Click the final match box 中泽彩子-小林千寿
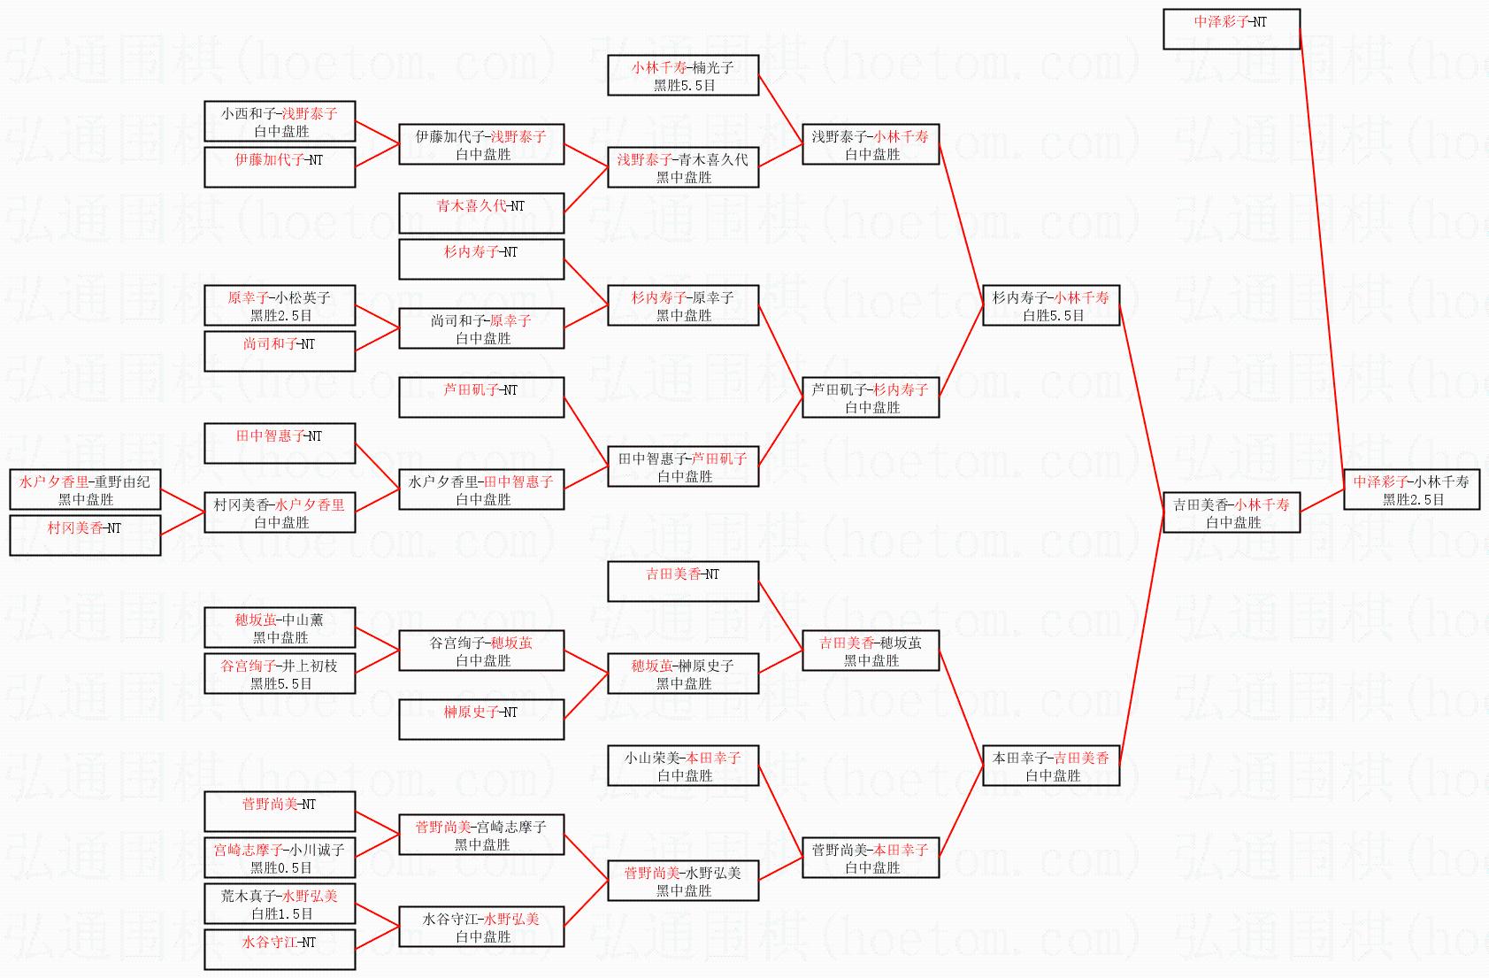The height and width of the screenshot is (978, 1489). tap(1411, 489)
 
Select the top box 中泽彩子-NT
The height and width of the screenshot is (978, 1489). tap(1231, 29)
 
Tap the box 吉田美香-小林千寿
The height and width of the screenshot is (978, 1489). tap(1231, 512)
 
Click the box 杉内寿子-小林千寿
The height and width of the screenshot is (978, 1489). tap(1050, 305)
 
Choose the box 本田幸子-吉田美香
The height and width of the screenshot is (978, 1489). tap(1050, 766)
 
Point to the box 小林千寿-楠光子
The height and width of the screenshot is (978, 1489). tap(682, 75)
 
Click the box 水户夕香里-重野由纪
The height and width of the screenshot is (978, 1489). tap(85, 489)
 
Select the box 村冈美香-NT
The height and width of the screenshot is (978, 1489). tap(85, 535)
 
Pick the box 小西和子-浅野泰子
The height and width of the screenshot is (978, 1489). tap(280, 121)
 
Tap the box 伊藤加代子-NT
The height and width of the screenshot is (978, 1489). tap(280, 167)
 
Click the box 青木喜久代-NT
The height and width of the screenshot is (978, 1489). tap(480, 213)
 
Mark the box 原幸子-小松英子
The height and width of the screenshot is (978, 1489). tap(280, 305)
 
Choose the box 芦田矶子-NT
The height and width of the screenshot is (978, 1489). tap(480, 397)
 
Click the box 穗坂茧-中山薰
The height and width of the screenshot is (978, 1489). tap(280, 628)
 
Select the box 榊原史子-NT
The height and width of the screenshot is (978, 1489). tap(480, 720)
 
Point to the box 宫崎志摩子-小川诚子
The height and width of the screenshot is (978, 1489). tap(280, 858)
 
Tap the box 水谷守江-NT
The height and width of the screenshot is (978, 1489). tap(280, 950)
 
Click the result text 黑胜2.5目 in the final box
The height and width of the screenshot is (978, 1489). tap(1413, 500)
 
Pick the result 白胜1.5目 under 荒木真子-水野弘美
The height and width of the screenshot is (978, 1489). tap(281, 914)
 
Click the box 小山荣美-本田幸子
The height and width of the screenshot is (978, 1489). tap(682, 766)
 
